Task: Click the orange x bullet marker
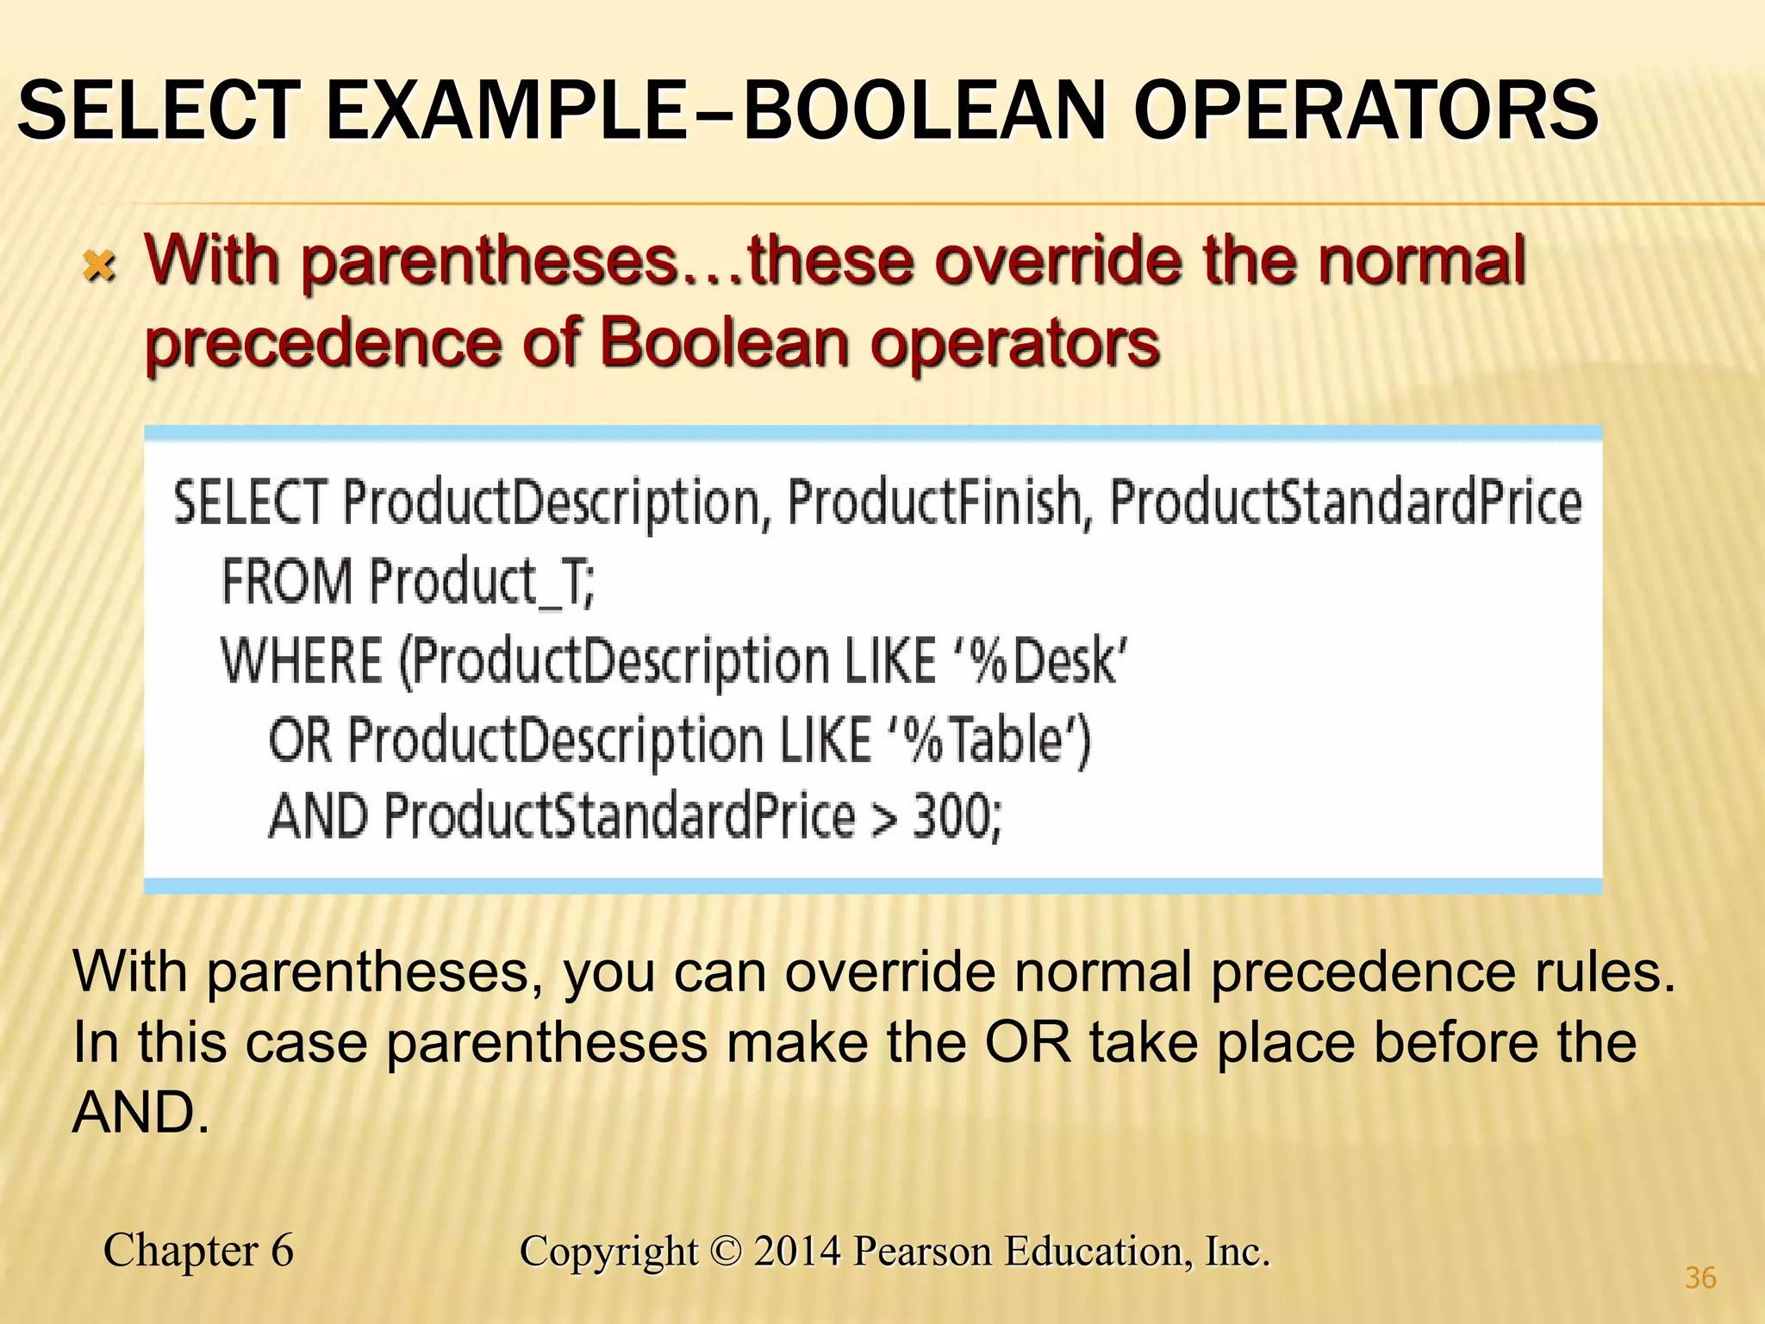coord(100,266)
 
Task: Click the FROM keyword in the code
coord(286,581)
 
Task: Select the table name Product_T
coord(482,583)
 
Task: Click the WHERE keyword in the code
coord(302,661)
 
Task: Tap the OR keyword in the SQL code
coord(300,740)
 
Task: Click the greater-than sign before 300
coord(883,817)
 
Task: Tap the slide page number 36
coord(1700,1277)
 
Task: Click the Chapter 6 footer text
coord(198,1251)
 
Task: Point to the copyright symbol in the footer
coord(727,1252)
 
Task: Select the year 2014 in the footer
coord(797,1252)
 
